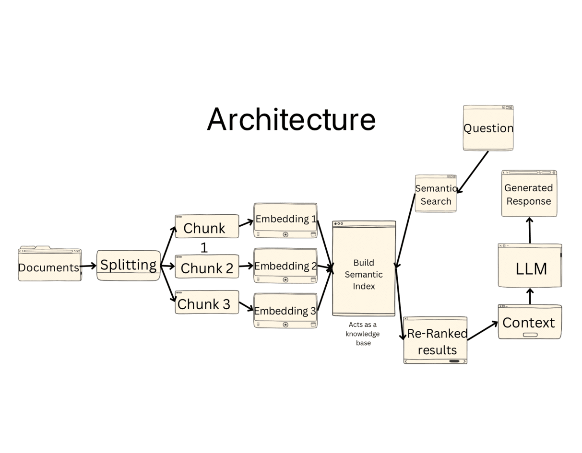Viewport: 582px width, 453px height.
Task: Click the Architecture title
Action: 291,119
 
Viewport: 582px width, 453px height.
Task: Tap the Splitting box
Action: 128,265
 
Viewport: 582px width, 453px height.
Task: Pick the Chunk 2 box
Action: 207,267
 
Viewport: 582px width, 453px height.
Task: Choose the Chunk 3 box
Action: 207,302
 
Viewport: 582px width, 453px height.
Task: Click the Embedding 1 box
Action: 285,220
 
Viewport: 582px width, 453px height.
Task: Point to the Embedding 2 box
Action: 285,266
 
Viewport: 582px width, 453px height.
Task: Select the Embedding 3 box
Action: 285,310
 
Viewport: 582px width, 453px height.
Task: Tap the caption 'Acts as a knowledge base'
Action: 363,334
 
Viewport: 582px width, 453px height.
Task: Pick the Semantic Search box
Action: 436,194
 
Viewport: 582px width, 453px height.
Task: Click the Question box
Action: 488,128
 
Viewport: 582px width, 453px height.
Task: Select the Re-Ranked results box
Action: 435,340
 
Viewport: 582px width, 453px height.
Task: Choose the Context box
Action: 530,322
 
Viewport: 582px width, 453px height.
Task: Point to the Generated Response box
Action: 529,194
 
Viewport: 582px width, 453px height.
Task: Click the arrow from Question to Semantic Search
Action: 473,172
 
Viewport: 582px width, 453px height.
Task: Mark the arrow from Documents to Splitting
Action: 89,266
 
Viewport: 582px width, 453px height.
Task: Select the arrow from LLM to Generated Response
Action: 530,231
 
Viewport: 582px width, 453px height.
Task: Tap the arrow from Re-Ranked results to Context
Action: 483,331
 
